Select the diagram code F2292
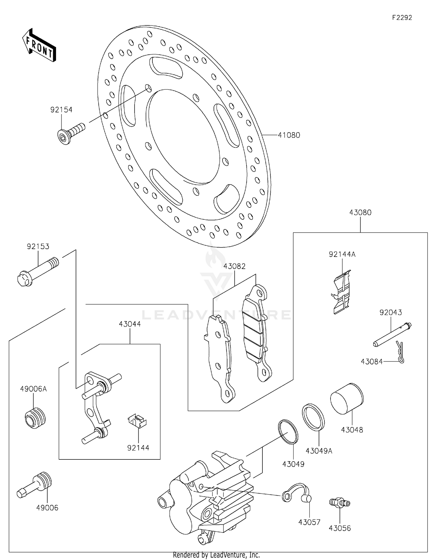point(402,18)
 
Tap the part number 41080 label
point(289,135)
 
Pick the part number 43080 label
point(360,212)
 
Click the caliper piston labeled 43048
point(347,399)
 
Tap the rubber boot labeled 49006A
point(35,418)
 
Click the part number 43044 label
point(130,324)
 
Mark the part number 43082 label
point(234,266)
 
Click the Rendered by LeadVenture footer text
point(216,555)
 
